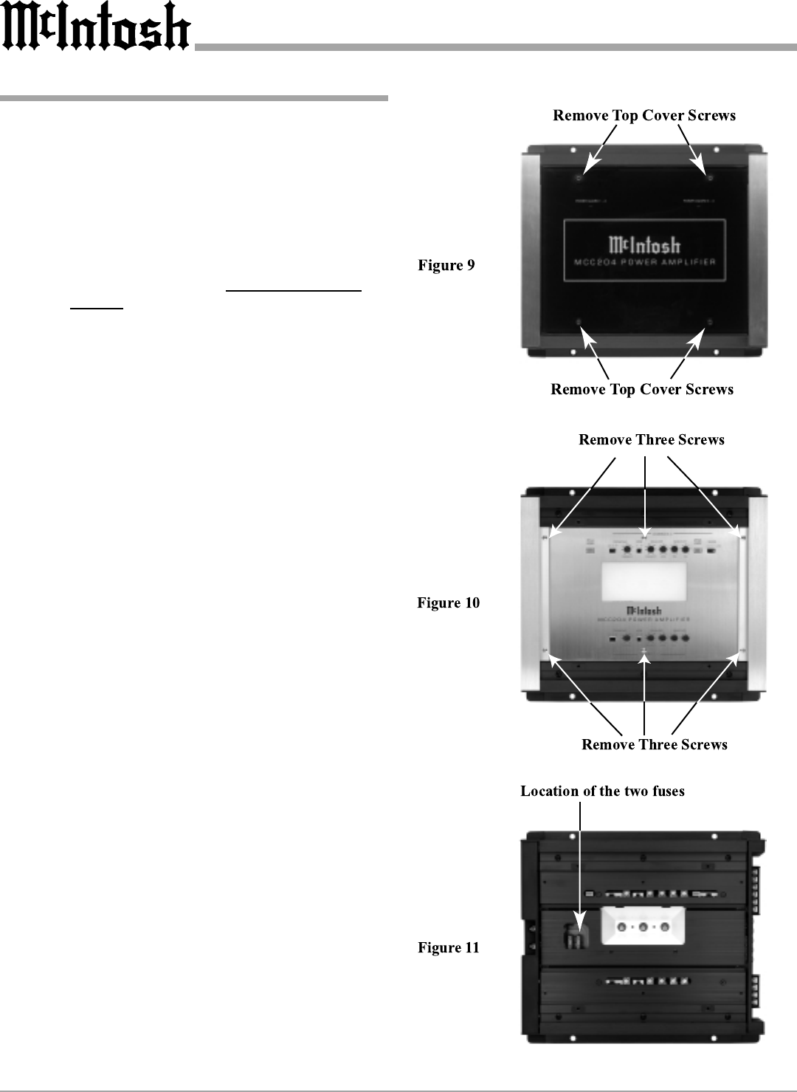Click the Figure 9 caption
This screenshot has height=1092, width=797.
coord(446,266)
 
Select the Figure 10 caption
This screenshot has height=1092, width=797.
coord(448,603)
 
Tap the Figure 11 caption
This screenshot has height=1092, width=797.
coord(449,947)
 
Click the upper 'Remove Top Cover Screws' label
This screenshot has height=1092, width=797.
coord(644,115)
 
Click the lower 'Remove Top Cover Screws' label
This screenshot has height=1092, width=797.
coord(642,389)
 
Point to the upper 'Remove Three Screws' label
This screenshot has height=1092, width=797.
coord(652,440)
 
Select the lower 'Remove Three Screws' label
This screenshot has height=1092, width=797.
coord(655,744)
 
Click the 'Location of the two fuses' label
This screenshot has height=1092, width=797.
coord(602,791)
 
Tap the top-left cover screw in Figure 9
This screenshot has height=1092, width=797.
coord(579,179)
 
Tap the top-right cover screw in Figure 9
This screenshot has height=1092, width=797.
coord(710,179)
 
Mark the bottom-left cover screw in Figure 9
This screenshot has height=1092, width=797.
coord(579,322)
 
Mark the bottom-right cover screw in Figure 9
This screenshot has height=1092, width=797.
coord(710,322)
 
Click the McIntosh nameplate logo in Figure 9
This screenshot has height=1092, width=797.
coord(644,244)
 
